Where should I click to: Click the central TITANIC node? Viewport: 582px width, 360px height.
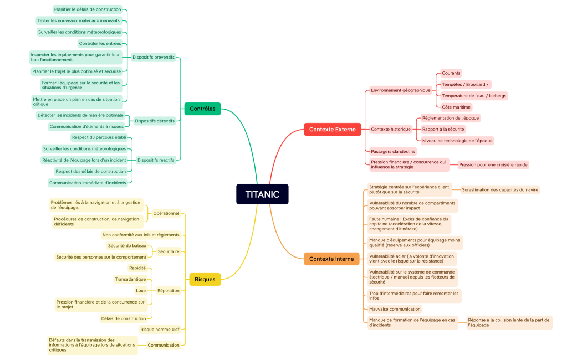262,194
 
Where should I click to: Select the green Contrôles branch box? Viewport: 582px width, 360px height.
202,109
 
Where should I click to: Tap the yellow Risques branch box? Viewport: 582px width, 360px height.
205,279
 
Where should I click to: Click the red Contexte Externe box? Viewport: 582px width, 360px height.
333,129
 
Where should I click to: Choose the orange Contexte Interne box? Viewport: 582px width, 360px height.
331,259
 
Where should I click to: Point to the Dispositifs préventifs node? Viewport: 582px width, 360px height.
154,57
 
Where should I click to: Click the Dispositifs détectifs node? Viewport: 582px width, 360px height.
155,121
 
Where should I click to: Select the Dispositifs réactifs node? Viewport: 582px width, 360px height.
156,160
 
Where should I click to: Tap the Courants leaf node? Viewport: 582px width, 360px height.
451,73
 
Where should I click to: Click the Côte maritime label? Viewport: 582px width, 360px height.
456,107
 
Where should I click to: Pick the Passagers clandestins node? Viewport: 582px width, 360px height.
392,151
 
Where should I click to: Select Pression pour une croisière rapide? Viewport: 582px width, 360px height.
493,164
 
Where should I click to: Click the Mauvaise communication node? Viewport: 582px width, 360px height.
395,309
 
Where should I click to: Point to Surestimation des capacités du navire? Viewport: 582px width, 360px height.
500,189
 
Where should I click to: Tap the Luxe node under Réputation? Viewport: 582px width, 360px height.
141,290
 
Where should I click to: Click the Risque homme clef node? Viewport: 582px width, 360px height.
160,330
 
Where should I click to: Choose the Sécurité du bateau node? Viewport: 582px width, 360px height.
127,245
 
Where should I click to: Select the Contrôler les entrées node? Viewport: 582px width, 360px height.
100,43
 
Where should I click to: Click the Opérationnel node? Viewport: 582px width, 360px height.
166,213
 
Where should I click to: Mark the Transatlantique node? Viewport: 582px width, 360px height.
130,279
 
